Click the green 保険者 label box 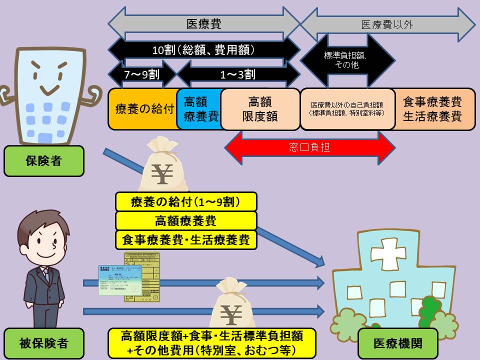43,161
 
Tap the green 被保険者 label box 43,343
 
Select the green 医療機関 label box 397,343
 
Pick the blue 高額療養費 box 199,109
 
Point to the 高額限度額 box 259,109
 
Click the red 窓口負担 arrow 310,147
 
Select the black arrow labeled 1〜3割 238,74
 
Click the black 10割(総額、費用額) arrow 204,49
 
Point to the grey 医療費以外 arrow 387,24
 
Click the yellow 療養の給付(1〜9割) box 186,202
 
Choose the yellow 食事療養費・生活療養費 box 186,239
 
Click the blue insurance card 119,280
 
